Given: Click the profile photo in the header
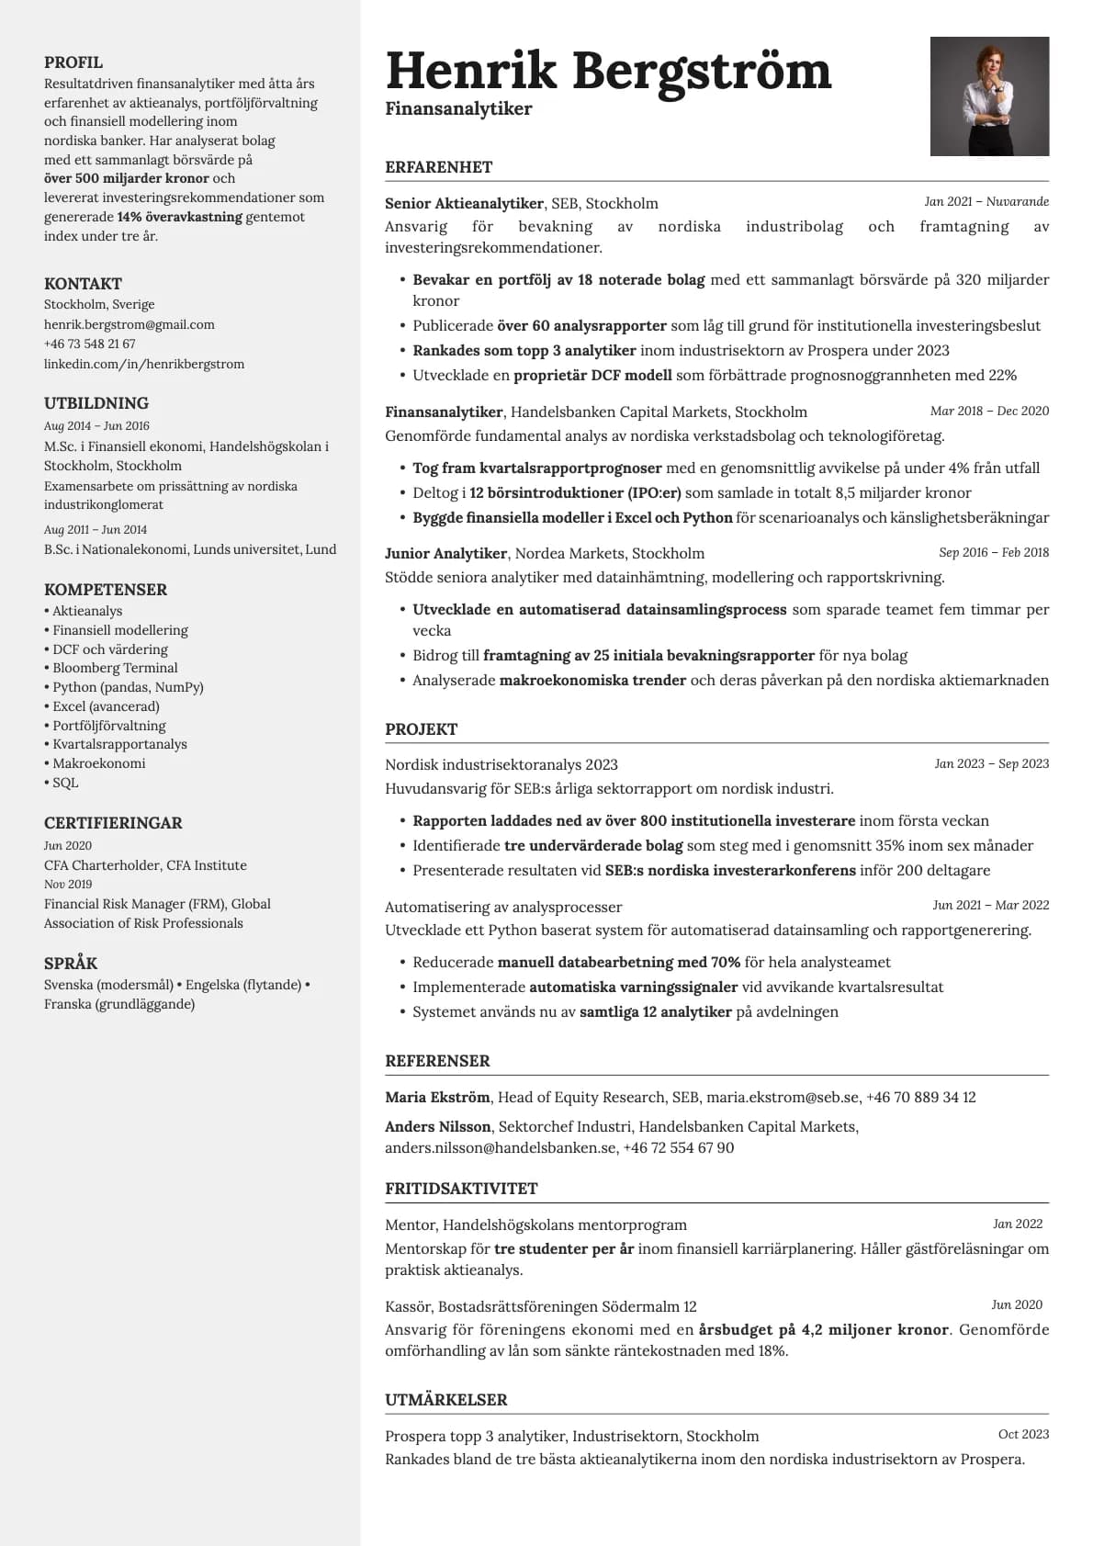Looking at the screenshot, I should pyautogui.click(x=989, y=96).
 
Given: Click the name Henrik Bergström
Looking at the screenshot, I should pyautogui.click(x=608, y=71).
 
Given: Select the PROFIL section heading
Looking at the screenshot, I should pyautogui.click(x=73, y=62).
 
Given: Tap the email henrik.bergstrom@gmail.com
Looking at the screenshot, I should pyautogui.click(x=130, y=324).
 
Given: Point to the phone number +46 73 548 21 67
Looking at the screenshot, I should pyautogui.click(x=90, y=344).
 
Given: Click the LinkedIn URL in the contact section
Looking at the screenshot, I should pyautogui.click(x=144, y=364).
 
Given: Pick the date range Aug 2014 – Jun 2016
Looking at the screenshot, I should pyautogui.click(x=96, y=425).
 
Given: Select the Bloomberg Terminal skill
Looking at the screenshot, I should pyautogui.click(x=115, y=668).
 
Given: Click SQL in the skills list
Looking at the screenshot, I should pyautogui.click(x=65, y=783).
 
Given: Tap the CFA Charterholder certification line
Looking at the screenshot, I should pyautogui.click(x=145, y=865).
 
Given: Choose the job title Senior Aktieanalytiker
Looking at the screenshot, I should pyautogui.click(x=464, y=203).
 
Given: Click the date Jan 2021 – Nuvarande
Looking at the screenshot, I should pyautogui.click(x=986, y=201).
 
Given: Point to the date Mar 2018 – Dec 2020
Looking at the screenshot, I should pyautogui.click(x=989, y=411).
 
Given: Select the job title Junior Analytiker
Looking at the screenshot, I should pyautogui.click(x=445, y=553).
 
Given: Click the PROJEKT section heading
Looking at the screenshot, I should pyautogui.click(x=421, y=729).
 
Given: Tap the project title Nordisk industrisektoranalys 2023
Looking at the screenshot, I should pyautogui.click(x=501, y=764).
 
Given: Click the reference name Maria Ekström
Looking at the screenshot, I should pyautogui.click(x=437, y=1097).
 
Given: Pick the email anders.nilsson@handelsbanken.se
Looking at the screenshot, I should pyautogui.click(x=501, y=1147).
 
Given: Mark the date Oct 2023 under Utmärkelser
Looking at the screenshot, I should pyautogui.click(x=1023, y=1434).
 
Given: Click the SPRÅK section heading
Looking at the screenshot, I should pyautogui.click(x=71, y=964).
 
